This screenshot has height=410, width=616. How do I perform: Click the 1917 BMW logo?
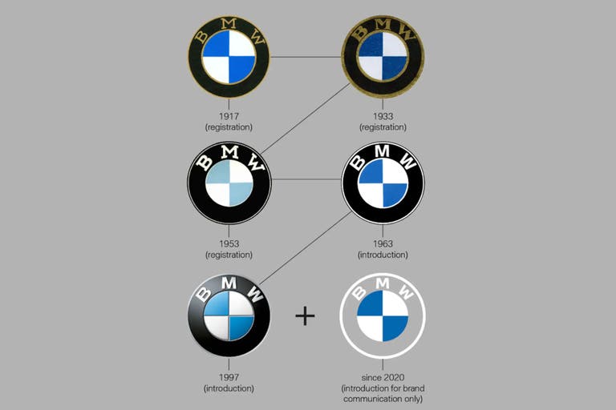(229, 57)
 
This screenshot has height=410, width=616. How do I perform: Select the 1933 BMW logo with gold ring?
(383, 57)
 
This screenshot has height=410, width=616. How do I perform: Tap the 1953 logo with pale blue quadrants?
(229, 183)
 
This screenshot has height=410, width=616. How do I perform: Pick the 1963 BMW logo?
(383, 183)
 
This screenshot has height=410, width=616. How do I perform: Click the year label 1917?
(229, 116)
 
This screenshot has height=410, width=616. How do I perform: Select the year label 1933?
(383, 116)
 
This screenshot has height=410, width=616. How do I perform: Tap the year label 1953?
(229, 243)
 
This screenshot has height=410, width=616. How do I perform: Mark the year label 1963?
(383, 243)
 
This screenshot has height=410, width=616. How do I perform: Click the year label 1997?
(229, 377)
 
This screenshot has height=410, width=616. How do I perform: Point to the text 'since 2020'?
(382, 377)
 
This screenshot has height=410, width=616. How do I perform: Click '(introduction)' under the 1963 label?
(383, 255)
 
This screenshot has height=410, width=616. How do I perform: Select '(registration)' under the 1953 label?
(229, 255)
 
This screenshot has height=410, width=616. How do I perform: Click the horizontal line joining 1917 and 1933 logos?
(305, 57)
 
